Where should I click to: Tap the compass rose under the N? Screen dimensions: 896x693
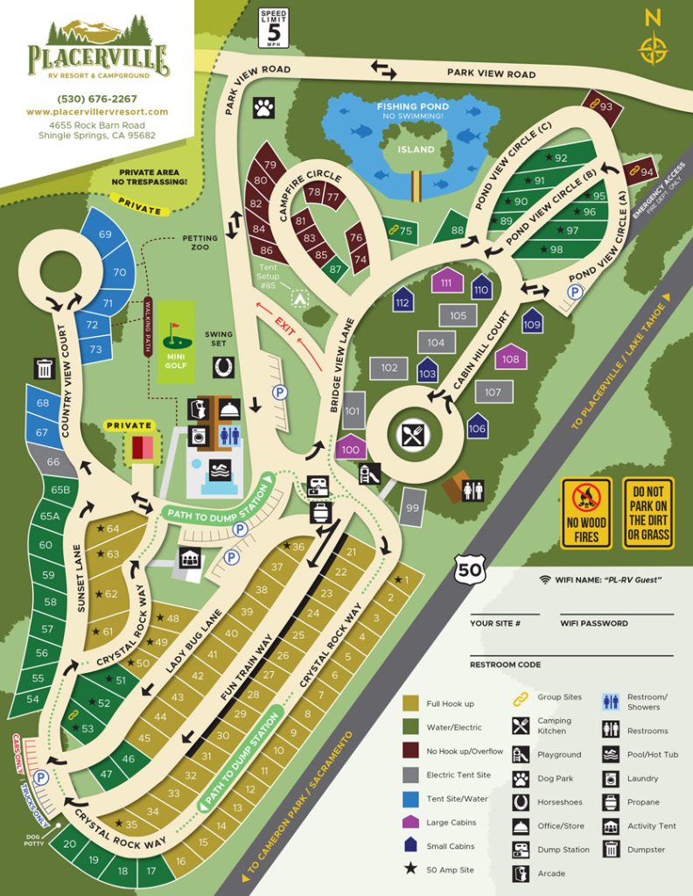pos(652,49)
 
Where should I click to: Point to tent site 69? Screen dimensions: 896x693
pos(106,234)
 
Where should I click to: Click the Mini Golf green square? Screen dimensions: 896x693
pos(175,333)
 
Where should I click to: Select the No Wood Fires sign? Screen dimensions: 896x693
pos(586,513)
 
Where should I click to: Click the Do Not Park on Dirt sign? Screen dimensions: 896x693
pos(648,513)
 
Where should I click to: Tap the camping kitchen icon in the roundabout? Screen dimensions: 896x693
pos(412,435)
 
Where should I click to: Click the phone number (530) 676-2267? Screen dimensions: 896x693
pos(97,98)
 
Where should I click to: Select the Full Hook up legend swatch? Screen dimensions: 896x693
pos(411,703)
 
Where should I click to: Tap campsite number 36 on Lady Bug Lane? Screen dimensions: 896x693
pos(297,547)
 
